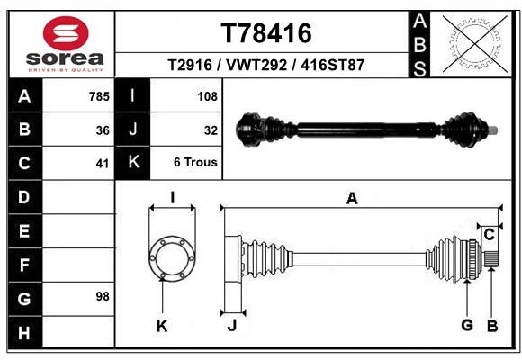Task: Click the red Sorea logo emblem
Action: coord(66,33)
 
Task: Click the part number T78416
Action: coord(266,33)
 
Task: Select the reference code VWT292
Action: coord(256,65)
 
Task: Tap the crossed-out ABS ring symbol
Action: coord(476,45)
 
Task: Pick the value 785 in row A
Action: coord(99,96)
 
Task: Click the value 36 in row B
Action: coord(103,130)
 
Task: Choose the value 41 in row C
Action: coord(103,164)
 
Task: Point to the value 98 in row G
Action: coord(103,296)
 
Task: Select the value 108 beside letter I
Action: coord(207,96)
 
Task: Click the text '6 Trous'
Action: coord(195,162)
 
